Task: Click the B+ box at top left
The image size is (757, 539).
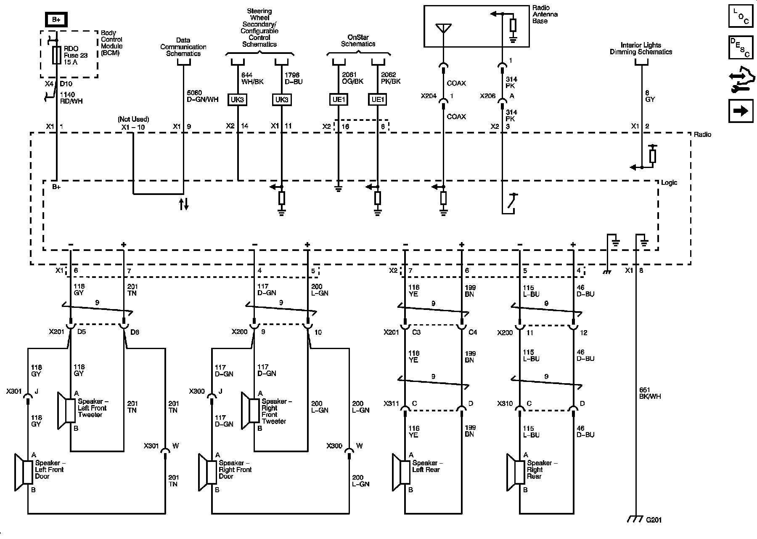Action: tap(56, 20)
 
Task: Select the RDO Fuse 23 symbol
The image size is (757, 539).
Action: tap(56, 55)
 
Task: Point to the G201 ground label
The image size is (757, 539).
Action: tap(654, 520)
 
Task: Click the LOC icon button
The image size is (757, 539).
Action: tap(741, 16)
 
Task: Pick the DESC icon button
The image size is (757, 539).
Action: tap(741, 48)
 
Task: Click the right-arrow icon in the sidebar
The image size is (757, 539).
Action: tap(741, 111)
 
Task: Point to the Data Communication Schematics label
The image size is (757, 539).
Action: tap(183, 47)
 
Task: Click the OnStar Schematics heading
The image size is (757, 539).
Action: tap(358, 40)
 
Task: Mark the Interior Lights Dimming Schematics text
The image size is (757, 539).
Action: tap(641, 48)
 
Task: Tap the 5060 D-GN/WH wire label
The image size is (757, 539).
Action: tap(202, 96)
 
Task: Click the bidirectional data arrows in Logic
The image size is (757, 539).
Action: tap(184, 204)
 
